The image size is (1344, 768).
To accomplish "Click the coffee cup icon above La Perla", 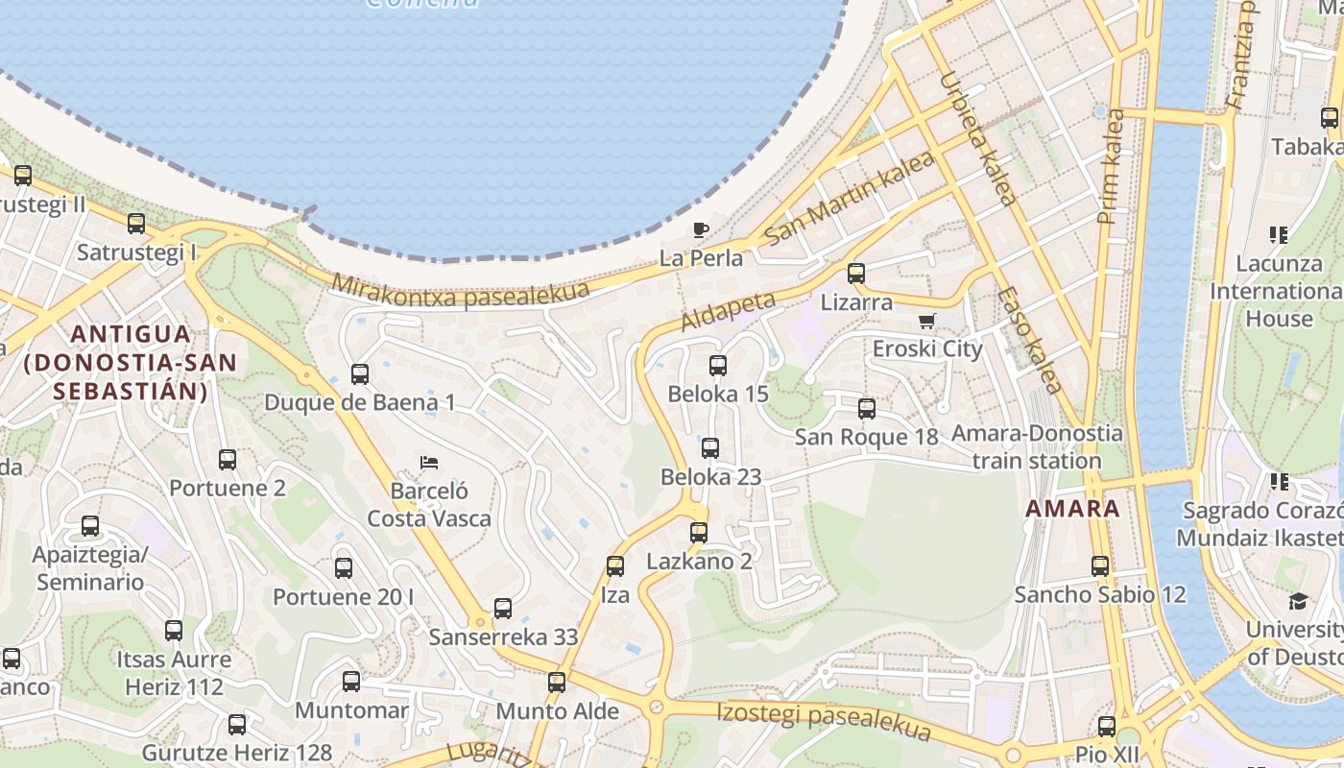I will click(x=701, y=229).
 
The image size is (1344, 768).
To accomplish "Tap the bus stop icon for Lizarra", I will click(x=856, y=274).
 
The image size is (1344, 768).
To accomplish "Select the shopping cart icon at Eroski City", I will click(x=926, y=321).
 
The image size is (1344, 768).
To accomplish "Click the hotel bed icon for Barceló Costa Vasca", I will click(x=429, y=463).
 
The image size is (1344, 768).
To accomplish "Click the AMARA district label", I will click(x=1072, y=509).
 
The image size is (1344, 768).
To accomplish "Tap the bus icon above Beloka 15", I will click(x=718, y=366).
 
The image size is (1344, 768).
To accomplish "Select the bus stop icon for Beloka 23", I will click(x=710, y=448).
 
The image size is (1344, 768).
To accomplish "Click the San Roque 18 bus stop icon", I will click(x=867, y=409).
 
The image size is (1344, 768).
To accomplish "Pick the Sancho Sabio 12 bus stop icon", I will click(x=1100, y=566).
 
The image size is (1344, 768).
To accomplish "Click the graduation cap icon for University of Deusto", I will click(x=1298, y=601).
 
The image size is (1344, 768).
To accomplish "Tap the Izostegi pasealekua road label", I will click(x=824, y=721).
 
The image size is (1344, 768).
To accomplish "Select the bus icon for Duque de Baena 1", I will click(x=360, y=374).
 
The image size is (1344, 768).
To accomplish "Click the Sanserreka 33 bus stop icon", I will click(x=503, y=609).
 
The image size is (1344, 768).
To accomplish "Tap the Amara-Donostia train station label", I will click(x=1036, y=446).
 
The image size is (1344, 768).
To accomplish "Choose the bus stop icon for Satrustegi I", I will click(x=136, y=224).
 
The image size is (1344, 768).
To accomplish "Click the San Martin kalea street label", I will click(x=851, y=197).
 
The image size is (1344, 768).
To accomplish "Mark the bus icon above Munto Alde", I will click(x=557, y=683).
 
